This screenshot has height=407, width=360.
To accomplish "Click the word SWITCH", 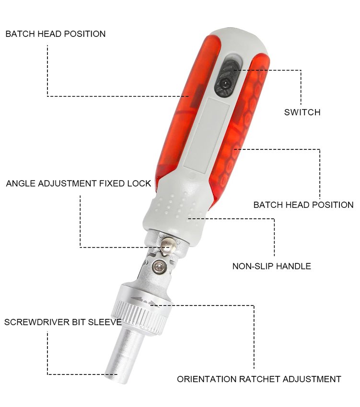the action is click(x=302, y=113).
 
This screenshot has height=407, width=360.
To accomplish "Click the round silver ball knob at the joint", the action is click(x=167, y=246).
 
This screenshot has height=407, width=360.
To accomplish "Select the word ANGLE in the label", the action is click(x=21, y=183).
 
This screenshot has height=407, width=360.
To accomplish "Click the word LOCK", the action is click(x=139, y=183).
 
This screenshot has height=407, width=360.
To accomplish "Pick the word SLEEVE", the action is click(x=105, y=322).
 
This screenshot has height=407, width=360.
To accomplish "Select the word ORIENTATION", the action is click(x=207, y=379).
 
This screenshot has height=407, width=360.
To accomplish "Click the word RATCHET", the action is click(x=259, y=379).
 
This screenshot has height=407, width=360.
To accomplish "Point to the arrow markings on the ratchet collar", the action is click(x=143, y=301).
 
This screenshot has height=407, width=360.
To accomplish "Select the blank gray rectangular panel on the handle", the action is click(x=206, y=134).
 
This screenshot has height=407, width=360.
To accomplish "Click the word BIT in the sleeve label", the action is click(x=79, y=322).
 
